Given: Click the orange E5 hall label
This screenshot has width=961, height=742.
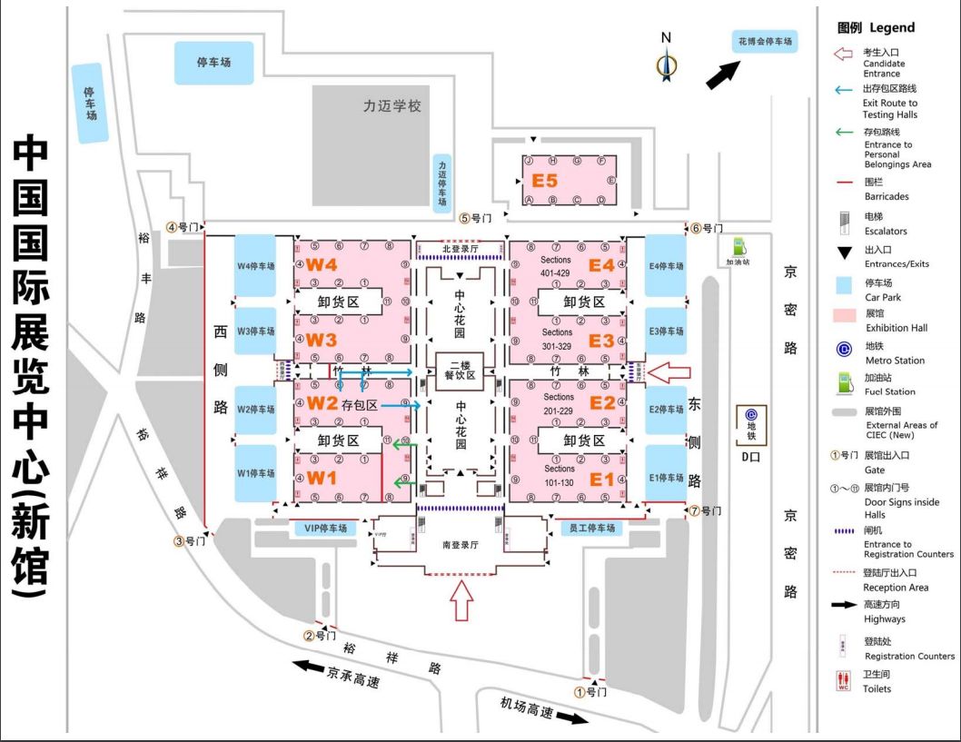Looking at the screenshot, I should coord(545,180).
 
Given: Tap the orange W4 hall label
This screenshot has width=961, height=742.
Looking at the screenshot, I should coord(321,264).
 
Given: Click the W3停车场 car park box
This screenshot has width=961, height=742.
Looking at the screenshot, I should coord(255,331).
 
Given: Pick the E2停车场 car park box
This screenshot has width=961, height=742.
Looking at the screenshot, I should coord(666,410).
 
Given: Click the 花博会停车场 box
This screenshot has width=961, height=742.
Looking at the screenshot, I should coord(764,42).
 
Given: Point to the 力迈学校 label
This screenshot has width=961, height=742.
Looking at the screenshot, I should coord(392,106).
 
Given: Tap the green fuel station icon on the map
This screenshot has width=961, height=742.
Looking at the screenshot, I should coord(740,246).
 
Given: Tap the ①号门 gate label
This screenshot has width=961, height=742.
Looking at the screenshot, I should coord(589,691).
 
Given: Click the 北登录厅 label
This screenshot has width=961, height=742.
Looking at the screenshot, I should coord(459,248).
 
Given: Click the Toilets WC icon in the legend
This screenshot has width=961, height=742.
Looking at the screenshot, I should coord(842,681).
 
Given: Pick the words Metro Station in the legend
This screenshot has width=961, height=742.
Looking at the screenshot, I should coord(895,361).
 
